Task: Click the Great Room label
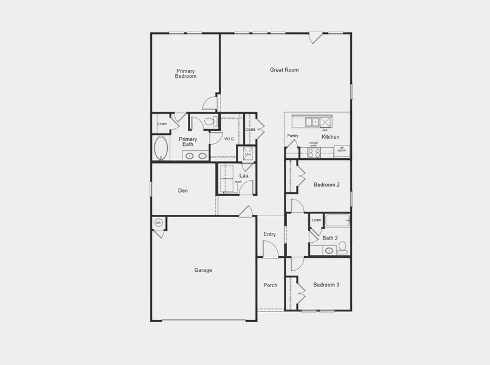click(284, 70)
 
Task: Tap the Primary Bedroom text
click(185, 74)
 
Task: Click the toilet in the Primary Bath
click(210, 122)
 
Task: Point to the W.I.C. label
click(229, 139)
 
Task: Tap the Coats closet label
click(250, 129)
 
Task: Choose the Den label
click(182, 191)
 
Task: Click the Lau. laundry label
click(244, 176)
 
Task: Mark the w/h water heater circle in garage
click(158, 223)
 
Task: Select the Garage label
click(203, 270)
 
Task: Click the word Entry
click(269, 234)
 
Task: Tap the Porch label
click(270, 285)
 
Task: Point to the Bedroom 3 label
click(326, 285)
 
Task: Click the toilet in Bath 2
click(342, 247)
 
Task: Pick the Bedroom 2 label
click(326, 184)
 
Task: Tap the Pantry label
click(292, 136)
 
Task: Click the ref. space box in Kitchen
click(342, 149)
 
